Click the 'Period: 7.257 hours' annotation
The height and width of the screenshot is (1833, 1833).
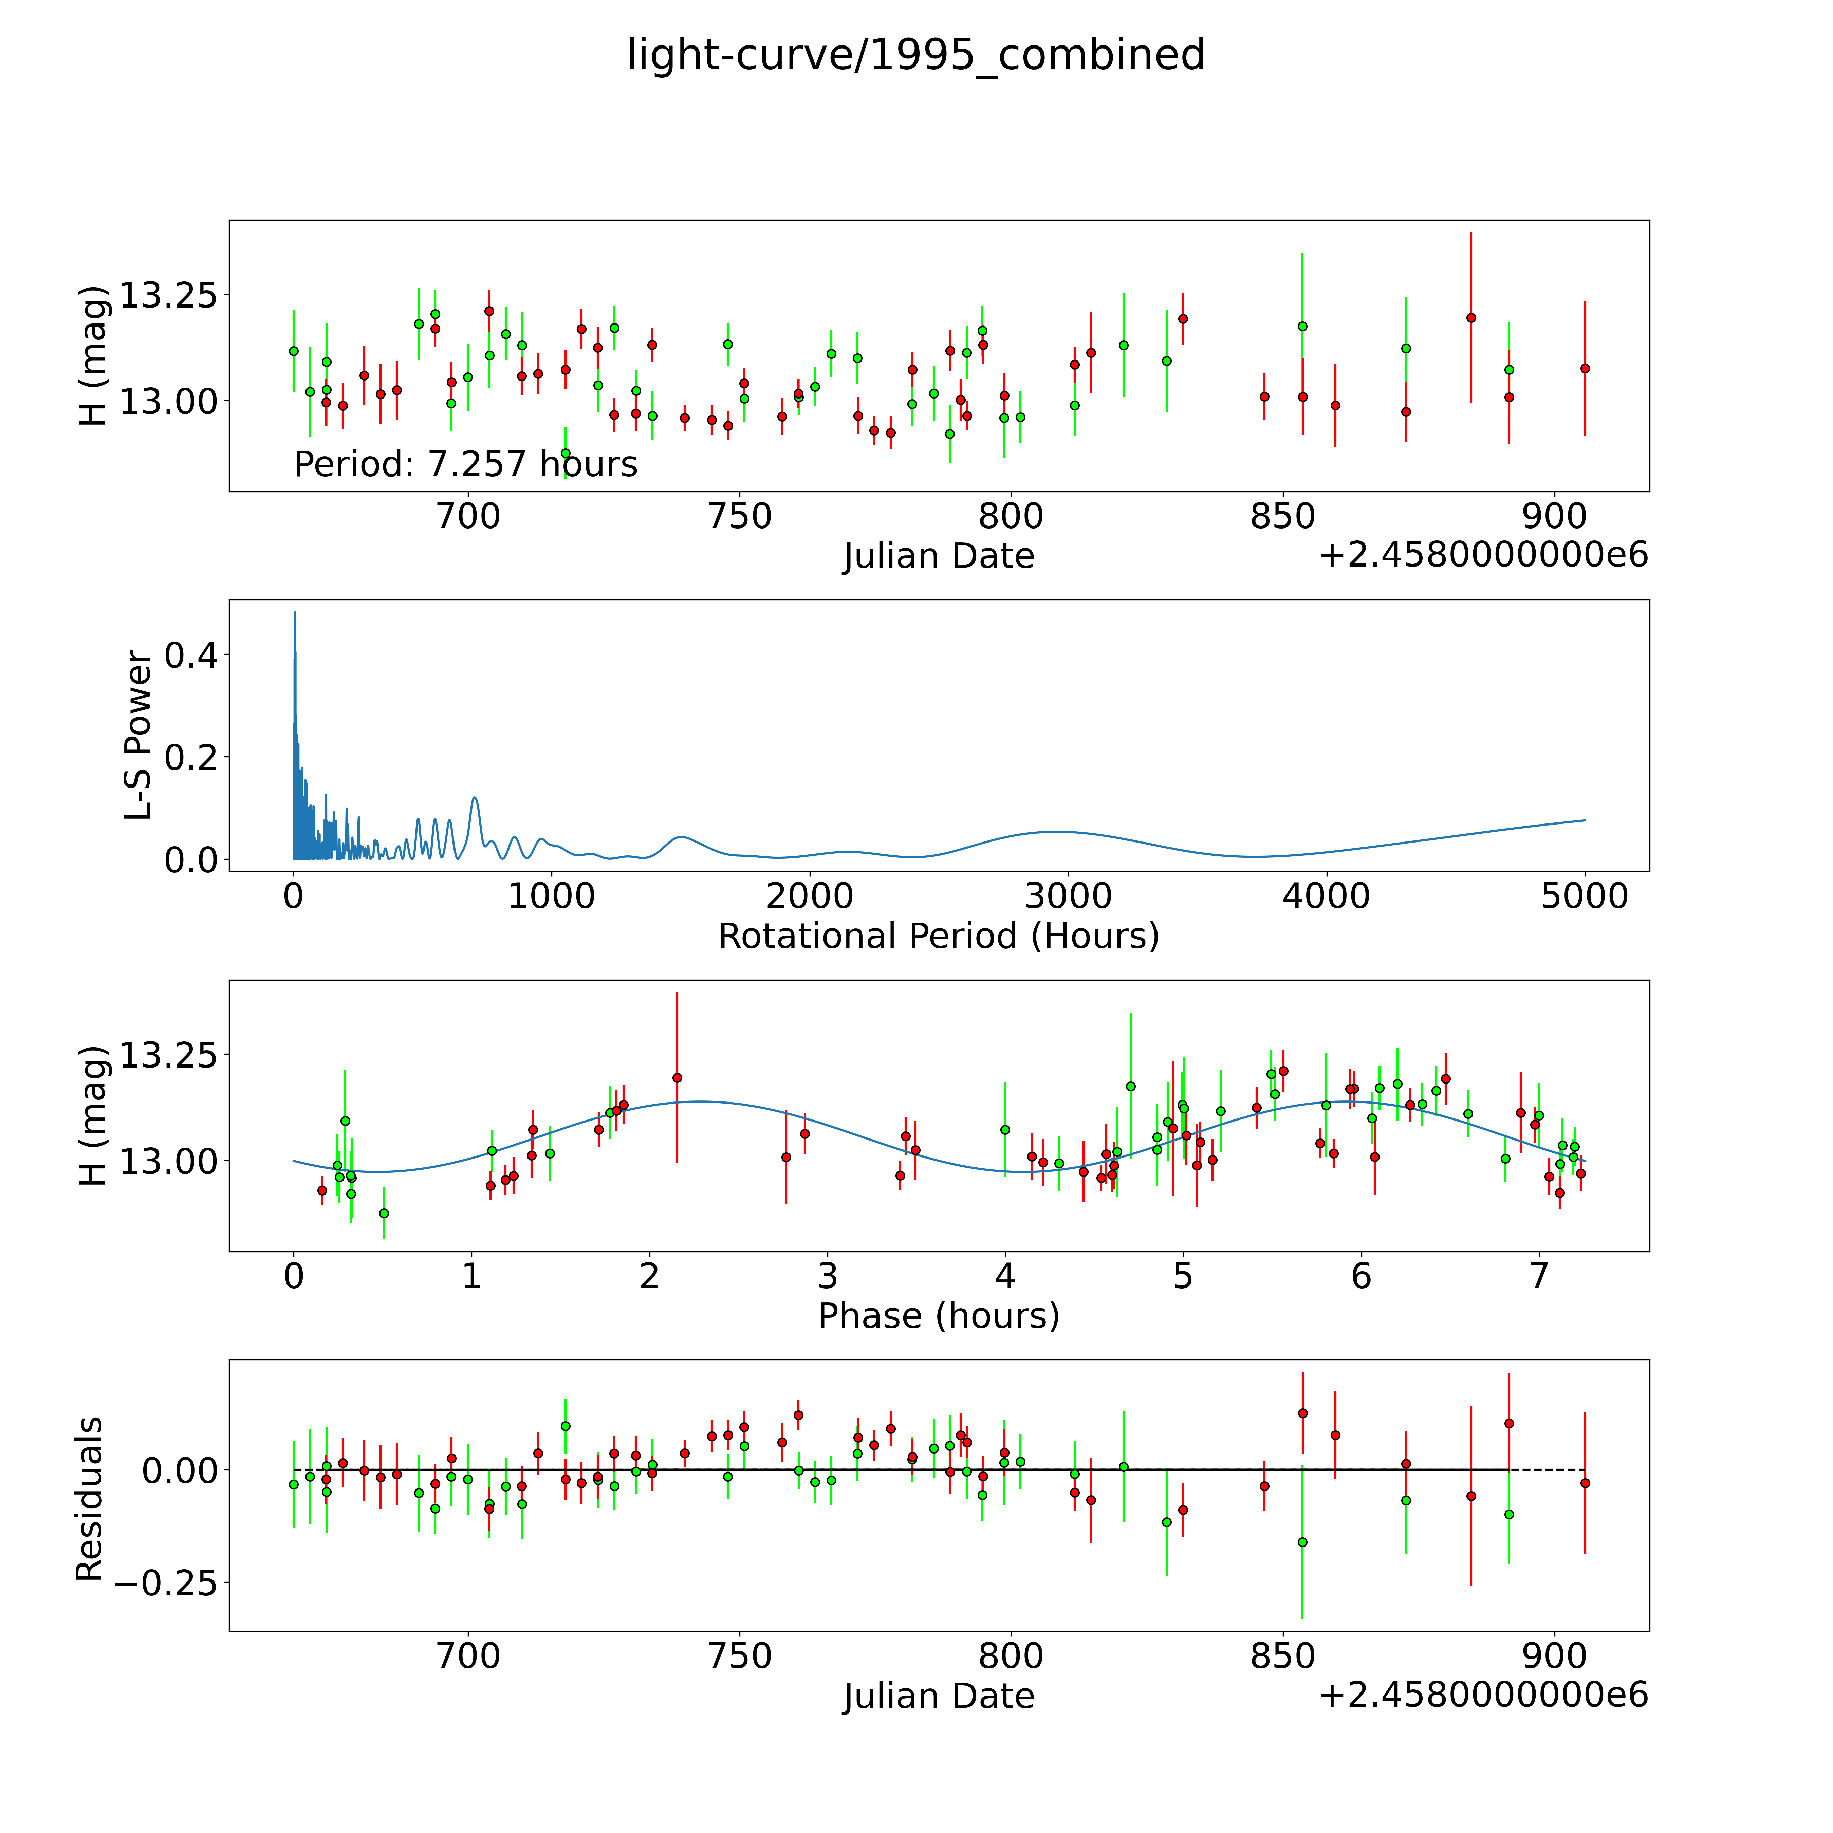click(466, 464)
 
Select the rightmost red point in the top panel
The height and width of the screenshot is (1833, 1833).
click(1585, 368)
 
